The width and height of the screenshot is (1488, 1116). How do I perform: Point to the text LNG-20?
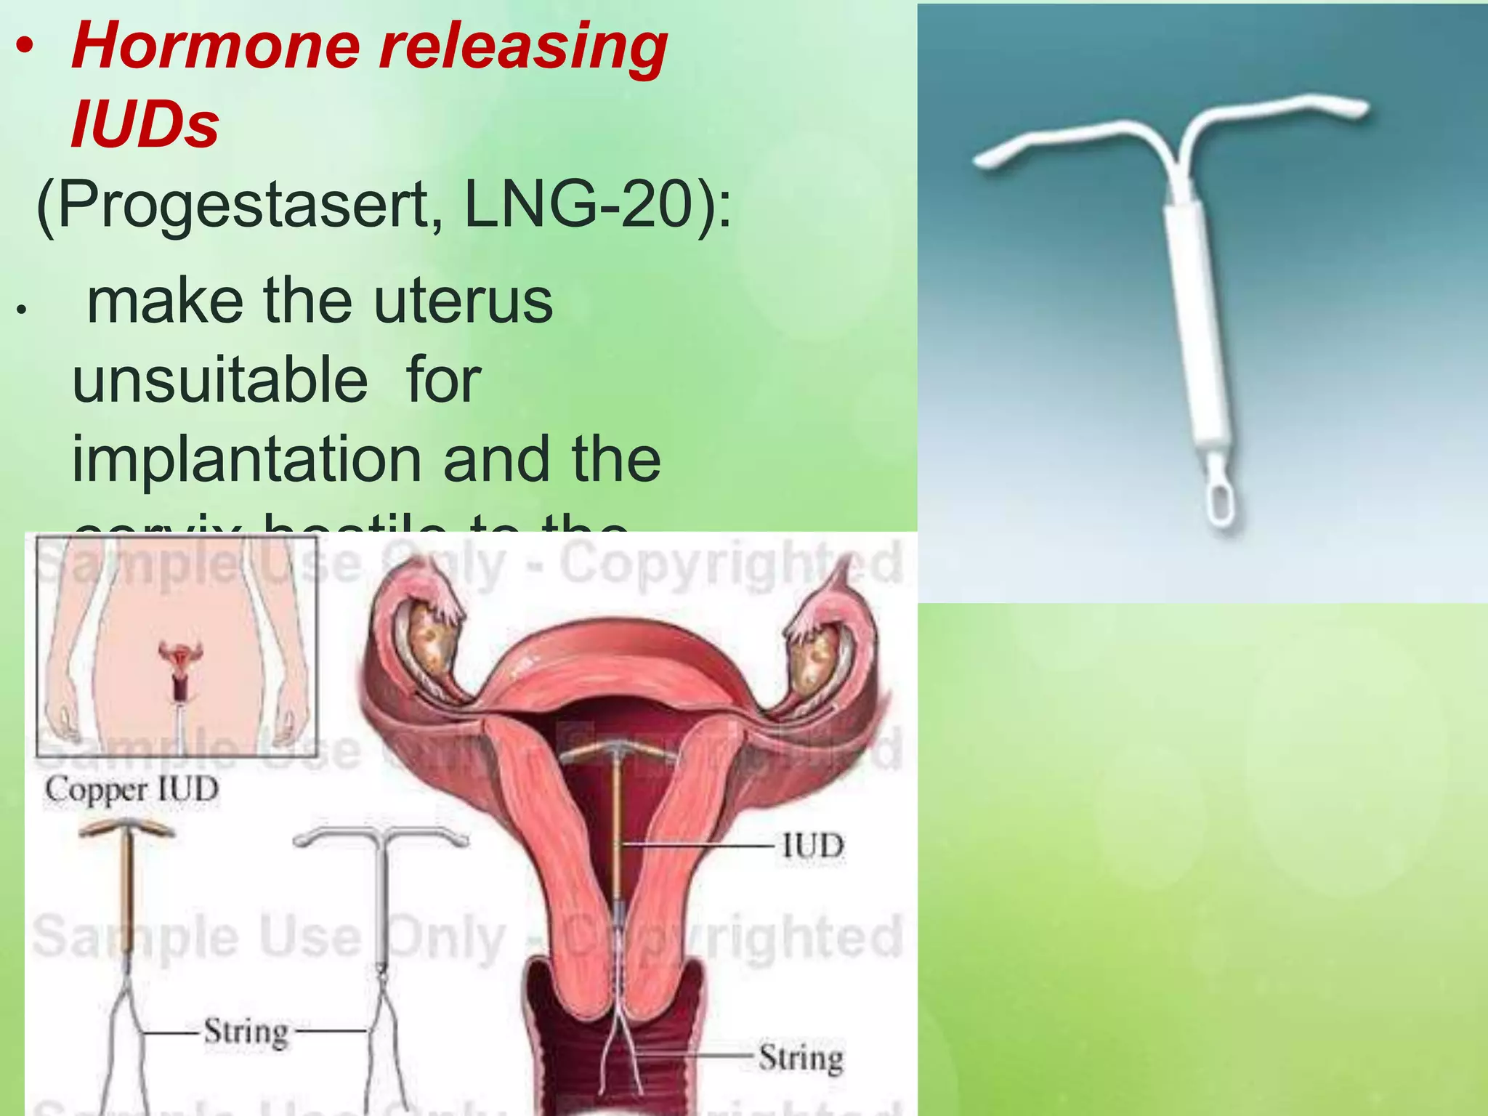(x=578, y=205)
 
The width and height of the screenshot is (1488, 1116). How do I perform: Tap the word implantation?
(x=247, y=459)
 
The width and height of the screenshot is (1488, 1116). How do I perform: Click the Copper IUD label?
(x=132, y=790)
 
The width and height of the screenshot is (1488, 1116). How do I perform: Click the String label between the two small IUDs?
(x=246, y=1032)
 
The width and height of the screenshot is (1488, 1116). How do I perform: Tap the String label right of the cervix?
(x=801, y=1058)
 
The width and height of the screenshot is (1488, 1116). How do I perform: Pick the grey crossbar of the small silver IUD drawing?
(x=381, y=836)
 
